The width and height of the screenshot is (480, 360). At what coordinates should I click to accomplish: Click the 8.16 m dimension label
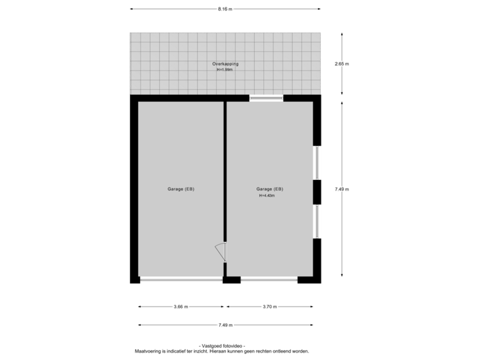225,9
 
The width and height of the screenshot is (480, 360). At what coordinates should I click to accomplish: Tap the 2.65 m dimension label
342,64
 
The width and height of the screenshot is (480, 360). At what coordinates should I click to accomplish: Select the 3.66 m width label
181,307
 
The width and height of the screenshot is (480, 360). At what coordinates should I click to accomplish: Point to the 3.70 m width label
269,307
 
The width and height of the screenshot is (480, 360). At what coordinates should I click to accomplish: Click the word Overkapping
225,64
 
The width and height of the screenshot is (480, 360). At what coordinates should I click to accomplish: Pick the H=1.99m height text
225,69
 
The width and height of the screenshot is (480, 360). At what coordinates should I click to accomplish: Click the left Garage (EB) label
181,189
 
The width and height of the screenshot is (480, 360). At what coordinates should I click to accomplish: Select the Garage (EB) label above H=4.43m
269,189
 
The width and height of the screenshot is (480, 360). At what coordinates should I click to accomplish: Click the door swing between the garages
221,252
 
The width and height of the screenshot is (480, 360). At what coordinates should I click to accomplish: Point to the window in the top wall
267,99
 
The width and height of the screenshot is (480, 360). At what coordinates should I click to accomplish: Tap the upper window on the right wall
318,163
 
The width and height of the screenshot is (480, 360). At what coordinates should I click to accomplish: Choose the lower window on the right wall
318,221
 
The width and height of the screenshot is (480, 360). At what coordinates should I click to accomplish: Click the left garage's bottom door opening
181,280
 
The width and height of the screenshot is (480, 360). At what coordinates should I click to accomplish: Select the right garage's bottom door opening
269,280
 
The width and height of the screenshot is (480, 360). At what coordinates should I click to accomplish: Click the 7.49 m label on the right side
342,189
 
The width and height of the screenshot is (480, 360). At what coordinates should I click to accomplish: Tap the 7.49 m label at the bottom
225,325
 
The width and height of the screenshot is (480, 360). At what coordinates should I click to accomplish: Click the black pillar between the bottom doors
231,280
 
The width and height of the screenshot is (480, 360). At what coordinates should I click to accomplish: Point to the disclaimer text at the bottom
222,351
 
